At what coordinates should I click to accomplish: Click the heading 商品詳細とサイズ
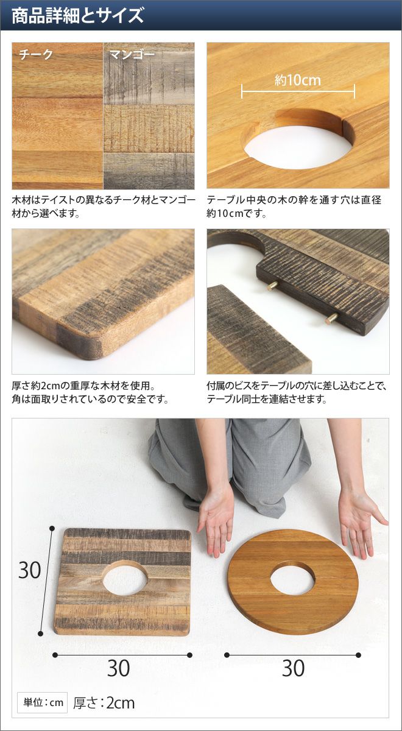pyautogui.click(x=77, y=15)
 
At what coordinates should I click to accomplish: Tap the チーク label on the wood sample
pyautogui.click(x=36, y=54)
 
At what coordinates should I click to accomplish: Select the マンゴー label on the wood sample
pyautogui.click(x=132, y=54)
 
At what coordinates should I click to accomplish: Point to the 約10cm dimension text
pyautogui.click(x=298, y=80)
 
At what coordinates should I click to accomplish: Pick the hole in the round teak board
pyautogui.click(x=293, y=579)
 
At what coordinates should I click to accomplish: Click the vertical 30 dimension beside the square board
pyautogui.click(x=30, y=570)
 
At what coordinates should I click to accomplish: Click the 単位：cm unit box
pyautogui.click(x=43, y=702)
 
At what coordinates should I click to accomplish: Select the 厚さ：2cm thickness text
pyautogui.click(x=104, y=703)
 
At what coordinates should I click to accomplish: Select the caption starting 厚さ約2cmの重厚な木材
pyautogui.click(x=90, y=392)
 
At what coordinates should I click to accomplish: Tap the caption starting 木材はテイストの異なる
pyautogui.click(x=104, y=207)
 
